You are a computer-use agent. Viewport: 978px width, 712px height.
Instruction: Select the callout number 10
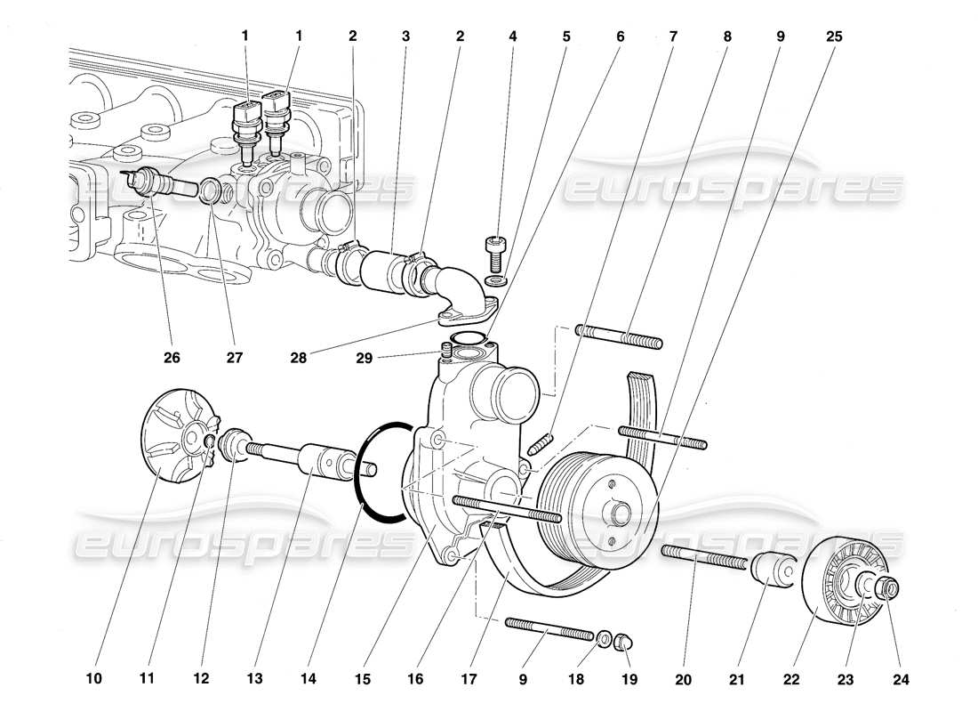pos(94,679)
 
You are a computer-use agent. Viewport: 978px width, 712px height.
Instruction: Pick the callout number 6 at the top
pos(620,36)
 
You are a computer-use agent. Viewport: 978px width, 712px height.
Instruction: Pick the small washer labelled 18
pos(605,638)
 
